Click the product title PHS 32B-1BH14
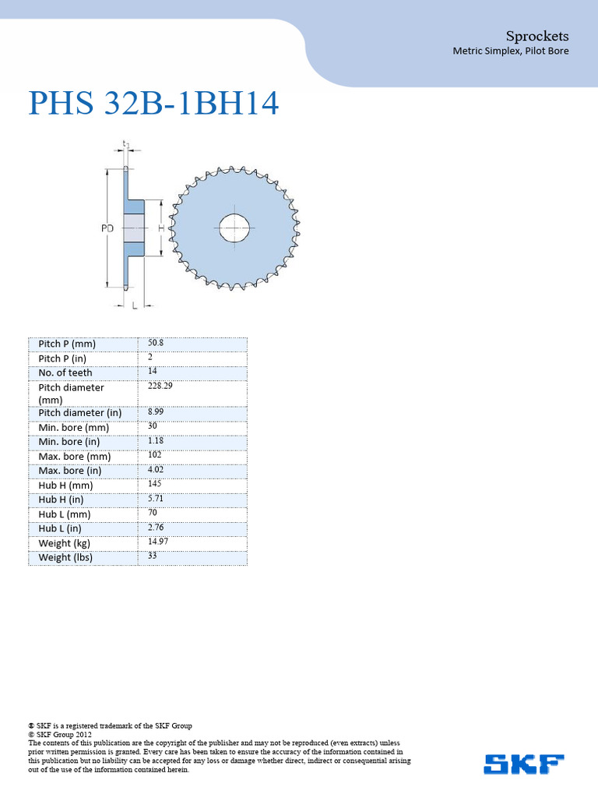point(153,104)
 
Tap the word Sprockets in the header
point(536,36)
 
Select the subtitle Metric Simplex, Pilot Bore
point(510,51)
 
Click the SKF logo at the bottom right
point(523,764)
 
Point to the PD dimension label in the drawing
point(107,228)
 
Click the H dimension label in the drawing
point(160,228)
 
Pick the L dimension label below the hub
point(135,307)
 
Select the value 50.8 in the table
point(156,343)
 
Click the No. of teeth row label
point(65,373)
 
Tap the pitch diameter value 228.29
point(160,386)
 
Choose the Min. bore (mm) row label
point(74,427)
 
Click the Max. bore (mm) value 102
point(154,455)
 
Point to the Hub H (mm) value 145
point(154,484)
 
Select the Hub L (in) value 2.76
point(156,528)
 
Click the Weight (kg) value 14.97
point(158,542)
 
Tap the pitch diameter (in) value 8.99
point(156,411)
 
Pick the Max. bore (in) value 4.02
point(156,469)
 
